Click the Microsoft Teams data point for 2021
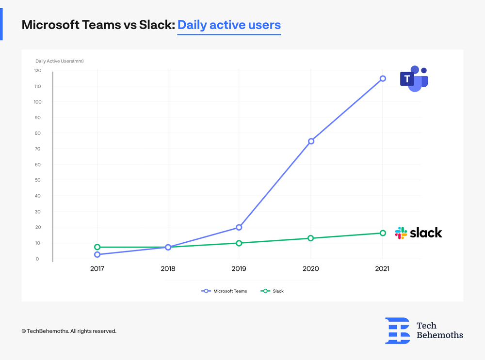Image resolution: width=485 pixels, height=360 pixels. (383, 78)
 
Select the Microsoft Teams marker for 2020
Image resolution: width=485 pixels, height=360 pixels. (311, 141)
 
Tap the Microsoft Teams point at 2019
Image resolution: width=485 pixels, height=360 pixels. (239, 227)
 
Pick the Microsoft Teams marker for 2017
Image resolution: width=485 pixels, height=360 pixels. (97, 254)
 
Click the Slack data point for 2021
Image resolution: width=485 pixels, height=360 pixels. (383, 233)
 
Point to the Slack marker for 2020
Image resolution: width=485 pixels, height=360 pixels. (311, 238)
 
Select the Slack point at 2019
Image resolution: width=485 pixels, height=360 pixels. (239, 243)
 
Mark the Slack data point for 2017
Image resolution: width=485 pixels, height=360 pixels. (97, 247)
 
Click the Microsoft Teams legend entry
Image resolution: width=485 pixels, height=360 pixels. (224, 291)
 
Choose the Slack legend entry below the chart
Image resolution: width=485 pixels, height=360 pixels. (273, 291)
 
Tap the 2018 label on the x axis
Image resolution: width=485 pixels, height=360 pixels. (168, 268)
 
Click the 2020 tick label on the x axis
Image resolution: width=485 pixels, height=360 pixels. (311, 268)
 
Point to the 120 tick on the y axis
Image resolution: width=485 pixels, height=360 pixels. (37, 71)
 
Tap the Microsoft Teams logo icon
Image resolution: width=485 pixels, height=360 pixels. (414, 78)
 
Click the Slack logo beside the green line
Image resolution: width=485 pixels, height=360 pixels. (419, 233)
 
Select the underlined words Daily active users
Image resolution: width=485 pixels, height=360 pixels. (229, 25)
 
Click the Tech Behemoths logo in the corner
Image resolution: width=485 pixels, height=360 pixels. (424, 331)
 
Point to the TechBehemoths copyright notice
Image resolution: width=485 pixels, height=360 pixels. (69, 331)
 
